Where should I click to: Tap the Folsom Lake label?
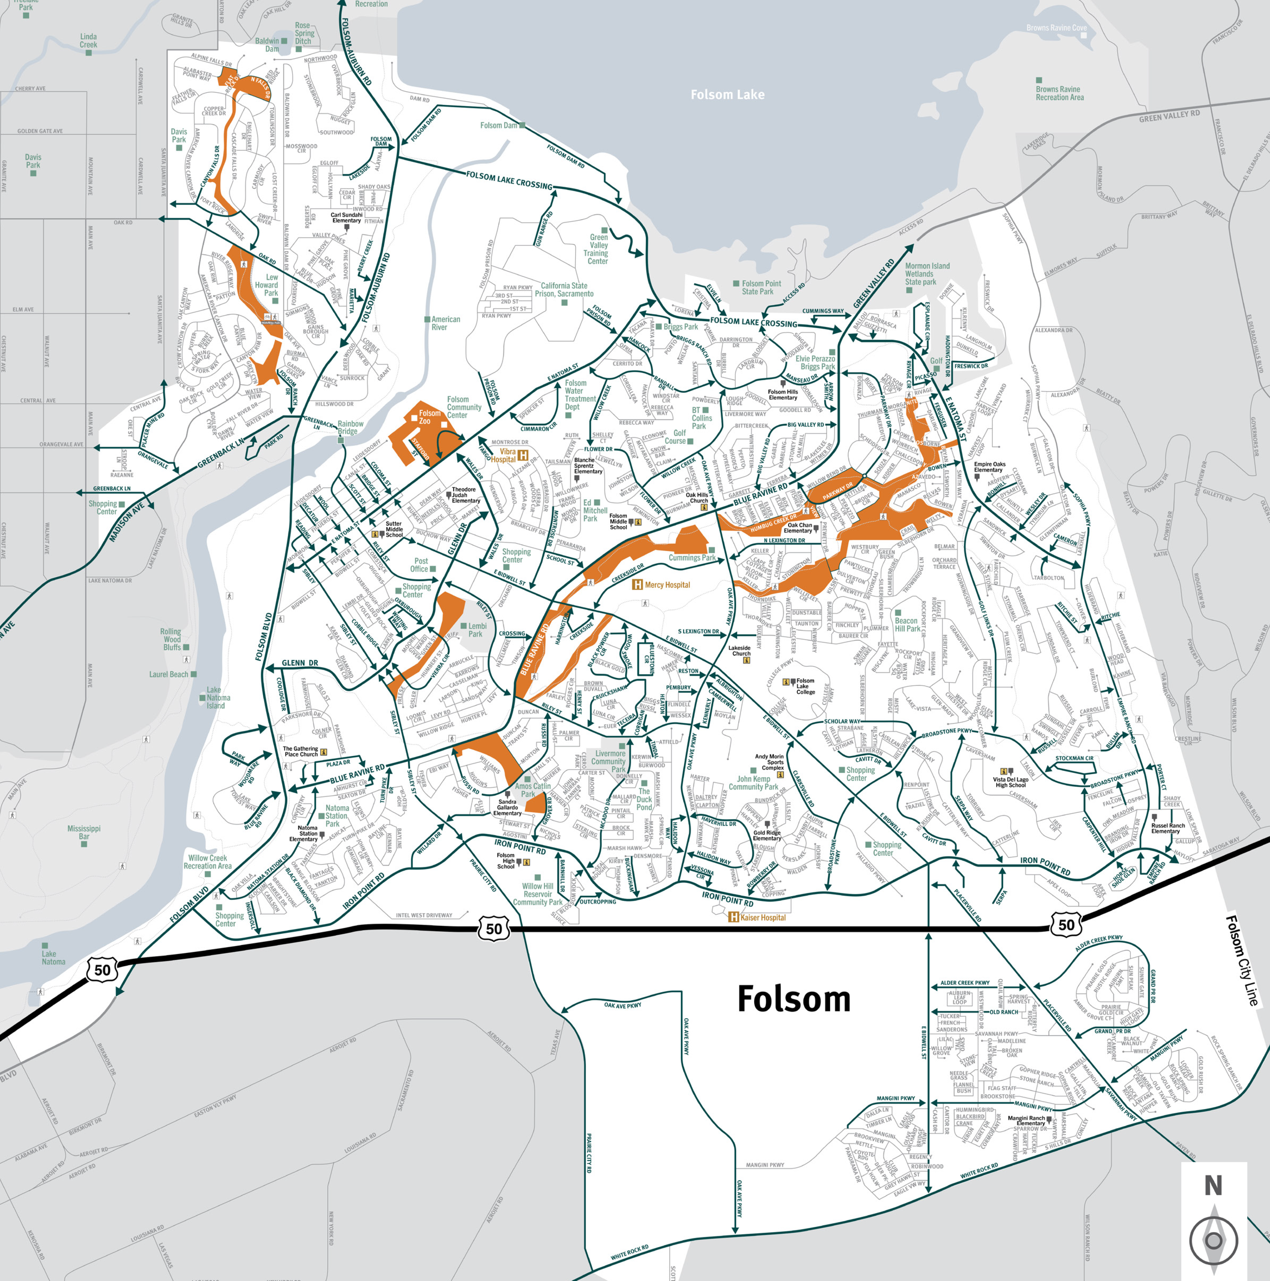point(727,95)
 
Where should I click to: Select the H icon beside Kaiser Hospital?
point(734,917)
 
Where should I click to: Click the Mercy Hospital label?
point(667,585)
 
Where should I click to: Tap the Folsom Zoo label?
point(429,417)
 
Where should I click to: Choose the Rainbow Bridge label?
point(350,428)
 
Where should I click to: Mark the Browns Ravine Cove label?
point(1056,28)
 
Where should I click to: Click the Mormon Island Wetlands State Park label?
point(927,274)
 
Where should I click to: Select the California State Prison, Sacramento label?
point(564,290)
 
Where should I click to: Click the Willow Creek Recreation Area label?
point(207,862)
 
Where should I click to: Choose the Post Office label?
point(420,565)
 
